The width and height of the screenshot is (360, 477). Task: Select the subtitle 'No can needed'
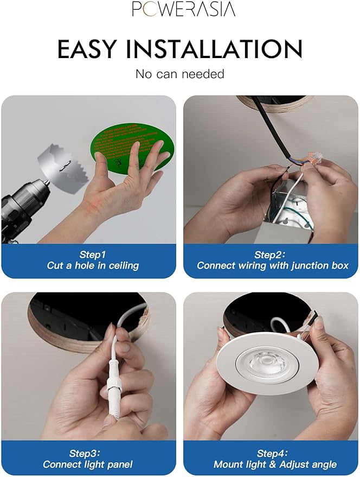[x=179, y=74]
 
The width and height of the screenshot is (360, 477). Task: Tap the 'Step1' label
[x=93, y=255]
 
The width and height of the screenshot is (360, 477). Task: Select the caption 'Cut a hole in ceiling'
[x=93, y=266]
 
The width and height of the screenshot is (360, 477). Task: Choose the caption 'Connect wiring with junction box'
[x=273, y=266]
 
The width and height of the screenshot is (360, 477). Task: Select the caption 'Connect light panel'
[x=88, y=465]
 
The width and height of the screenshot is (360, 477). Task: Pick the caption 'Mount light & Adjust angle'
[x=275, y=465]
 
